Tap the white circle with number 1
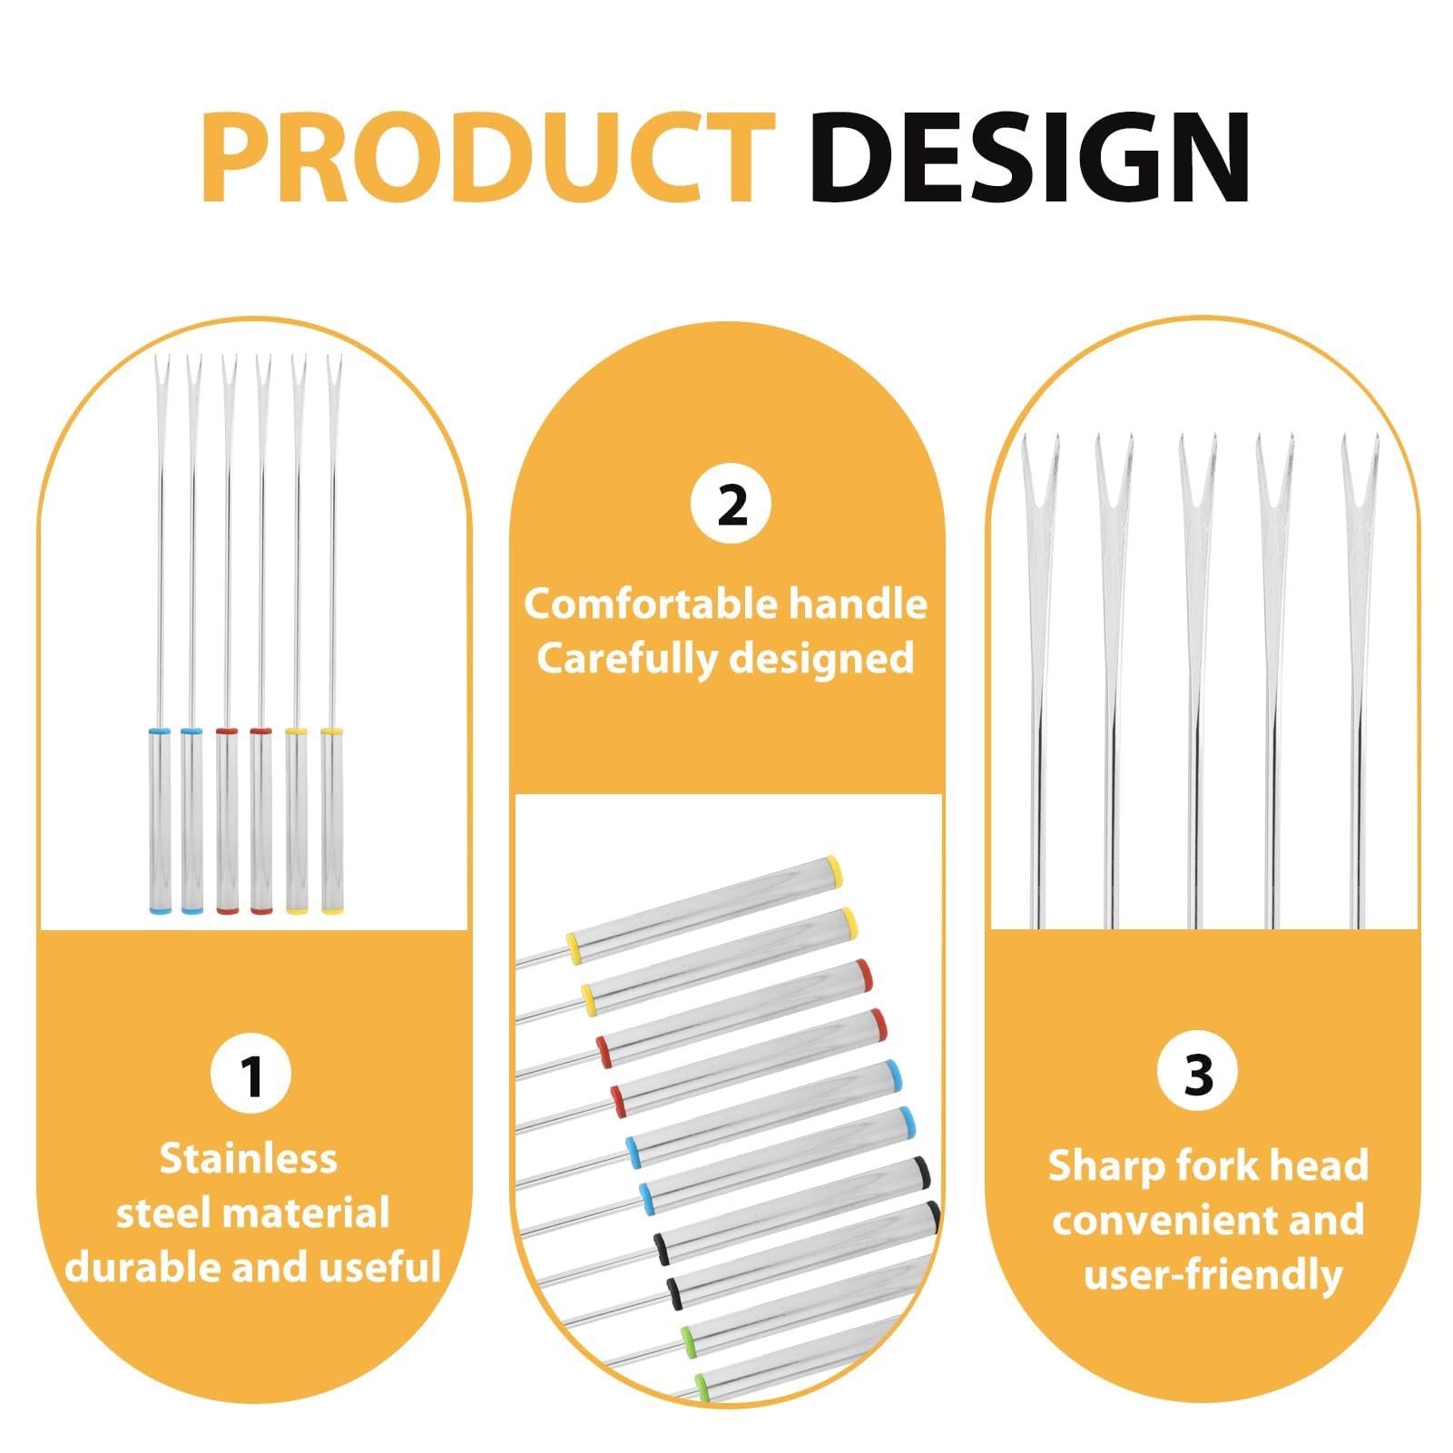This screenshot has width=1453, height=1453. tap(251, 1074)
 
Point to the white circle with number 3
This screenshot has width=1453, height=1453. tap(1198, 1072)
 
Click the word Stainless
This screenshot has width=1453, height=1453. tap(249, 1159)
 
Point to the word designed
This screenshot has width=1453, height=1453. tap(821, 659)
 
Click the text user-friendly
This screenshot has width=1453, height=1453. tap(1213, 1274)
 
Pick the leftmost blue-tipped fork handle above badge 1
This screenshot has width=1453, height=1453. tap(158, 820)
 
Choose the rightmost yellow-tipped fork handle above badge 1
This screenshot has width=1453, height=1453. tap(332, 820)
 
